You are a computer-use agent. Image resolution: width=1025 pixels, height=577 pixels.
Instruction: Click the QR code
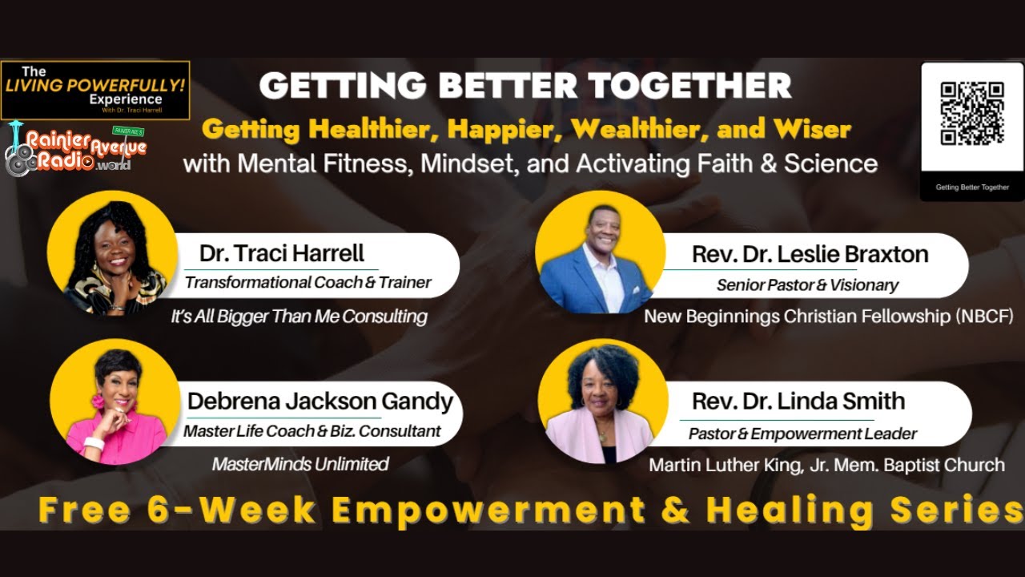(971, 114)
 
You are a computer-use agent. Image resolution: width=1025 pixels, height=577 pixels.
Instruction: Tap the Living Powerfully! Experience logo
(94, 88)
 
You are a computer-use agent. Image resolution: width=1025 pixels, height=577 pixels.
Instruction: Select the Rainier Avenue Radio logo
(76, 151)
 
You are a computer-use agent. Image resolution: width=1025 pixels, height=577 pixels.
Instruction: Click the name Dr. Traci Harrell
(282, 254)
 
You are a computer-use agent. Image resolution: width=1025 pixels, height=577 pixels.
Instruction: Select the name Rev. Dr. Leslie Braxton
(810, 255)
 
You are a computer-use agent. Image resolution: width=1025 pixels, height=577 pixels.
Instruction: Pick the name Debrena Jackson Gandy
(320, 401)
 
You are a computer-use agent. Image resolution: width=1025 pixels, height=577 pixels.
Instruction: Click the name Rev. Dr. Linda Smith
(798, 401)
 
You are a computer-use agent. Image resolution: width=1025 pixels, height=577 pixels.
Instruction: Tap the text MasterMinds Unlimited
(300, 464)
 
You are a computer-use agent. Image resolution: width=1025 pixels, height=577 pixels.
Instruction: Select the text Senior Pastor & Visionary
(807, 285)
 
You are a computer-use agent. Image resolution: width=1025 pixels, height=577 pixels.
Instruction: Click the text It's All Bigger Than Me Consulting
(299, 317)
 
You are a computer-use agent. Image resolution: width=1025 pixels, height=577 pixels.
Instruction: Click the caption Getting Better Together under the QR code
(972, 188)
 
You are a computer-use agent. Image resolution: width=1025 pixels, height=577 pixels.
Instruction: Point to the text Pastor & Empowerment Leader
(803, 434)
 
